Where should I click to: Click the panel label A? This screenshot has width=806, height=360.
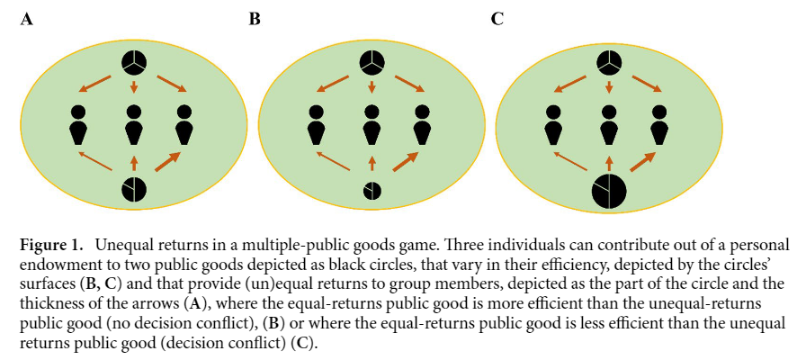pos(27,18)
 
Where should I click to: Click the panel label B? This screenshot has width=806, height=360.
pos(255,18)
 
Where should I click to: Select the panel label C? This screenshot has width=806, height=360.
pos(497,18)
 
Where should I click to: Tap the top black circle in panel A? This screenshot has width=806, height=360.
pos(134,64)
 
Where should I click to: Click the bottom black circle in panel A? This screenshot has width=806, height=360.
pos(134,190)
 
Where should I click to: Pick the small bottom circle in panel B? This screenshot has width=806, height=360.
pos(372,191)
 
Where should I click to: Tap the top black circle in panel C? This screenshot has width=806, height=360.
pos(610,64)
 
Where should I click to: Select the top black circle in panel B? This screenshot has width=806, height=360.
pos(372,64)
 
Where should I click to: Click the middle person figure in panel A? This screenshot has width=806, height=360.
pos(134,126)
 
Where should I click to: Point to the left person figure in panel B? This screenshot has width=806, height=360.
pos(316,126)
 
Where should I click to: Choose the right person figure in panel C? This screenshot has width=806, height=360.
pos(661,126)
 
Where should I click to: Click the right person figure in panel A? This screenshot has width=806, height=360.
pos(185,126)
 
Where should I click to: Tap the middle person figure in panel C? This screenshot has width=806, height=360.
pos(610,126)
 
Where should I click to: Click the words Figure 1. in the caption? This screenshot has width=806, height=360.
pos(51,245)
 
